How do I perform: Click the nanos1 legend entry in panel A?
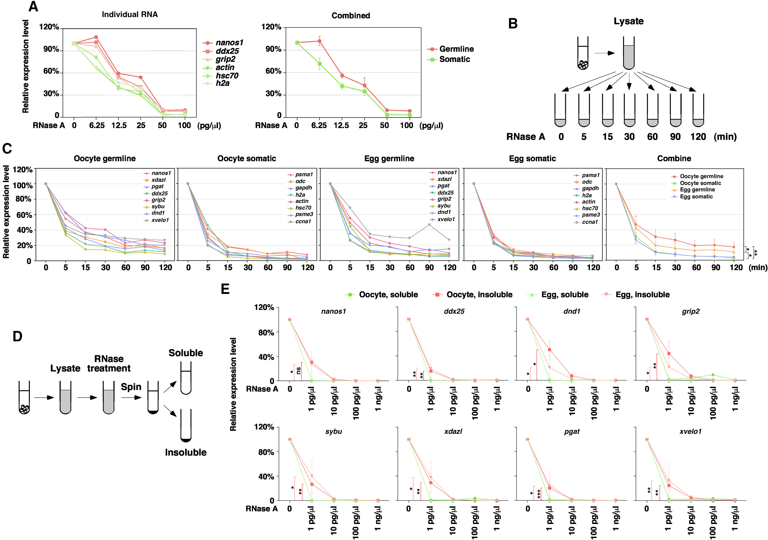(x=229, y=43)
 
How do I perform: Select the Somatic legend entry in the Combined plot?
(x=454, y=59)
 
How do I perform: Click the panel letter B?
(x=513, y=24)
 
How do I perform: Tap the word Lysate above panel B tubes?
(x=629, y=21)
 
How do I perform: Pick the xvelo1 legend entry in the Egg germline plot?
(x=446, y=219)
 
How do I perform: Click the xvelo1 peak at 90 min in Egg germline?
(x=429, y=225)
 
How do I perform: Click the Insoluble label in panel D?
(x=186, y=452)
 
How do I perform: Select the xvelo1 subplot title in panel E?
(x=690, y=431)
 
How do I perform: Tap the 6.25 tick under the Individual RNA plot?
(x=97, y=126)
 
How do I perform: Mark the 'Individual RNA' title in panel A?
(x=130, y=14)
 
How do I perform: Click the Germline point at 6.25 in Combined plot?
(x=319, y=41)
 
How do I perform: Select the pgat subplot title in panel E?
(x=572, y=431)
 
